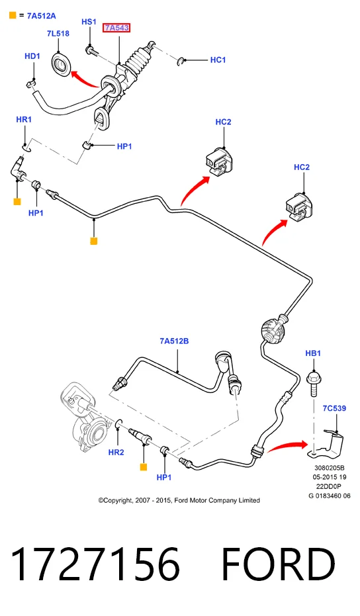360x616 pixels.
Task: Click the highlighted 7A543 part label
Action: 116,28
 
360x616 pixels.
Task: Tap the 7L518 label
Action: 58,34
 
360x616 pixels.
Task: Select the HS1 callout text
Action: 89,22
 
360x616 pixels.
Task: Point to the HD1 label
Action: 32,56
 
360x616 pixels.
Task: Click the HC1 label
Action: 218,60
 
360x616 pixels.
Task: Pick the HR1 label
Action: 24,119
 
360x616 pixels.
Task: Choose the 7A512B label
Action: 174,341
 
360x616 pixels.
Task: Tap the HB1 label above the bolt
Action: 313,353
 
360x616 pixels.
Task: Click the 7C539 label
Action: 334,408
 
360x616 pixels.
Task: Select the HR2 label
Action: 116,452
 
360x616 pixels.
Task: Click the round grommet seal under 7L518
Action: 61,64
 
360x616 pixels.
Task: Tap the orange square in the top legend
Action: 13,16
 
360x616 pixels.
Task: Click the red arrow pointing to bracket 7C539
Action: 287,446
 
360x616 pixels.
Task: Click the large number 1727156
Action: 95,564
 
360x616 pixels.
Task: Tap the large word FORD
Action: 278,564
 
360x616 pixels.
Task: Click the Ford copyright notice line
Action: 179,500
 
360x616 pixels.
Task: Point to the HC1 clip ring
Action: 180,62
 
